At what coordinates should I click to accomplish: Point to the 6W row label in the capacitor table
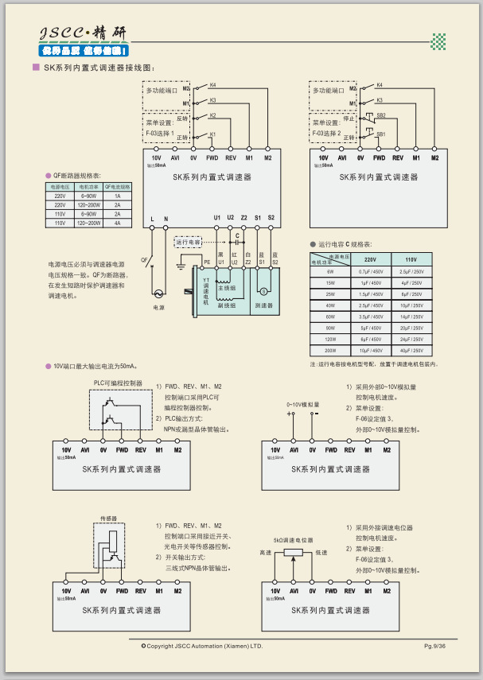click(x=330, y=271)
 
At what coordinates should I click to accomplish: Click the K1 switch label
click(x=212, y=134)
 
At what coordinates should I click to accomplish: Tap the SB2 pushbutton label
click(x=381, y=115)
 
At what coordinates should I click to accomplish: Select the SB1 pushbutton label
click(x=381, y=134)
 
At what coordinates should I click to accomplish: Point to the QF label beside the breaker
click(x=144, y=259)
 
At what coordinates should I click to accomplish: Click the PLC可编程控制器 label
click(x=118, y=383)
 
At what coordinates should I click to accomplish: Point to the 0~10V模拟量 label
click(x=303, y=404)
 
